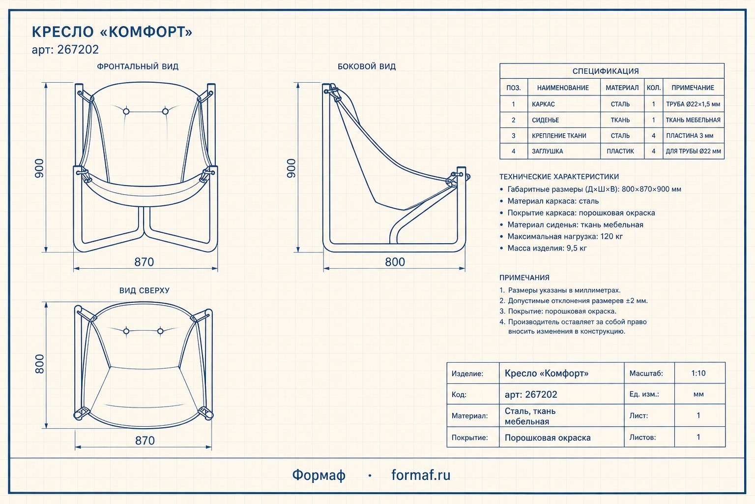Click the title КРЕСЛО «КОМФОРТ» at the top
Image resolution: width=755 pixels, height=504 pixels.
pyautogui.click(x=112, y=31)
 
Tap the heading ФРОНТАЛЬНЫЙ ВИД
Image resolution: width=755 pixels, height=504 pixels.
pyautogui.click(x=138, y=66)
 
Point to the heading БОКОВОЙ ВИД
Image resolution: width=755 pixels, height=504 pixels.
pyautogui.click(x=367, y=66)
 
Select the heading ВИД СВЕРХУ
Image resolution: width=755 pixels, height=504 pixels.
pyautogui.click(x=144, y=291)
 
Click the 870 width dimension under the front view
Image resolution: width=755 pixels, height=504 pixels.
pyautogui.click(x=144, y=262)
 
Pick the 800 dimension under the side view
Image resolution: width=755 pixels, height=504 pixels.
pyautogui.click(x=395, y=262)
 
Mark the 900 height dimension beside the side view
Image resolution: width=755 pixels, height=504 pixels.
pyautogui.click(x=291, y=168)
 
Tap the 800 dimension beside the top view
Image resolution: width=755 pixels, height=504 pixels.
pyautogui.click(x=39, y=364)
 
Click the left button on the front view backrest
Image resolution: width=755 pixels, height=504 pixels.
pyautogui.click(x=126, y=111)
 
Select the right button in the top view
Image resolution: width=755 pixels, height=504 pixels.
pyautogui.click(x=160, y=331)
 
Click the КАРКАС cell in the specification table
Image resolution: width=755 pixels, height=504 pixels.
pyautogui.click(x=543, y=104)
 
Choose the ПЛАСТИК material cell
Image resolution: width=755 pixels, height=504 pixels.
pyautogui.click(x=620, y=151)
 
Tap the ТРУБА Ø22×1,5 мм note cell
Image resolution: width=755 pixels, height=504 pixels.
pyautogui.click(x=693, y=104)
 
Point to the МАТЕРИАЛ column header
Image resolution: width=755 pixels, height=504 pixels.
pyautogui.click(x=622, y=88)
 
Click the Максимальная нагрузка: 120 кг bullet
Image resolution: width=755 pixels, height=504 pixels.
pyautogui.click(x=565, y=236)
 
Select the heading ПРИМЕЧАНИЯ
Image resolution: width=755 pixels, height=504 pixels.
pyautogui.click(x=524, y=278)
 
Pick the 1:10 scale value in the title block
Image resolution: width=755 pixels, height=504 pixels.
pyautogui.click(x=698, y=373)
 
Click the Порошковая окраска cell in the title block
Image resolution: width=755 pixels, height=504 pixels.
pyautogui.click(x=548, y=438)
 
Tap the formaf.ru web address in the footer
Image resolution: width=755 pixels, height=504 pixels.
pyautogui.click(x=421, y=475)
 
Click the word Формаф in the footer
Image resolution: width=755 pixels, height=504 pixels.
pyautogui.click(x=319, y=475)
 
